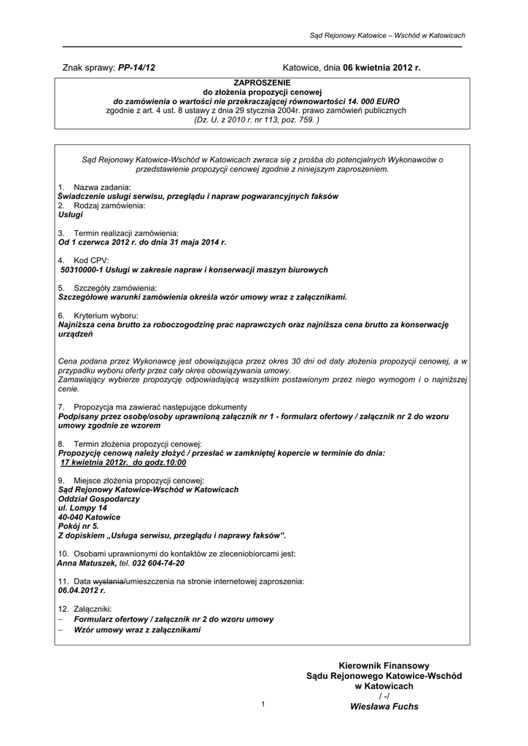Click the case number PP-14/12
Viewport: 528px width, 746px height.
136,68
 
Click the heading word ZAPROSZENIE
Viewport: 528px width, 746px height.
263,85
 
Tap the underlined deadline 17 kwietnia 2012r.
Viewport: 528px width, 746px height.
94,462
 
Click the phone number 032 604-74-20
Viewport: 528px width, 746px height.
158,563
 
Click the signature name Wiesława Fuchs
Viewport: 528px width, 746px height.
384,706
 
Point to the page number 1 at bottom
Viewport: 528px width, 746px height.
263,704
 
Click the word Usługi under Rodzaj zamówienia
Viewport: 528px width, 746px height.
70,215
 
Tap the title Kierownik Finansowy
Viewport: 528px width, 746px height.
384,666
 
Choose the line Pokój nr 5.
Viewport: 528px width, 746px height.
78,526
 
